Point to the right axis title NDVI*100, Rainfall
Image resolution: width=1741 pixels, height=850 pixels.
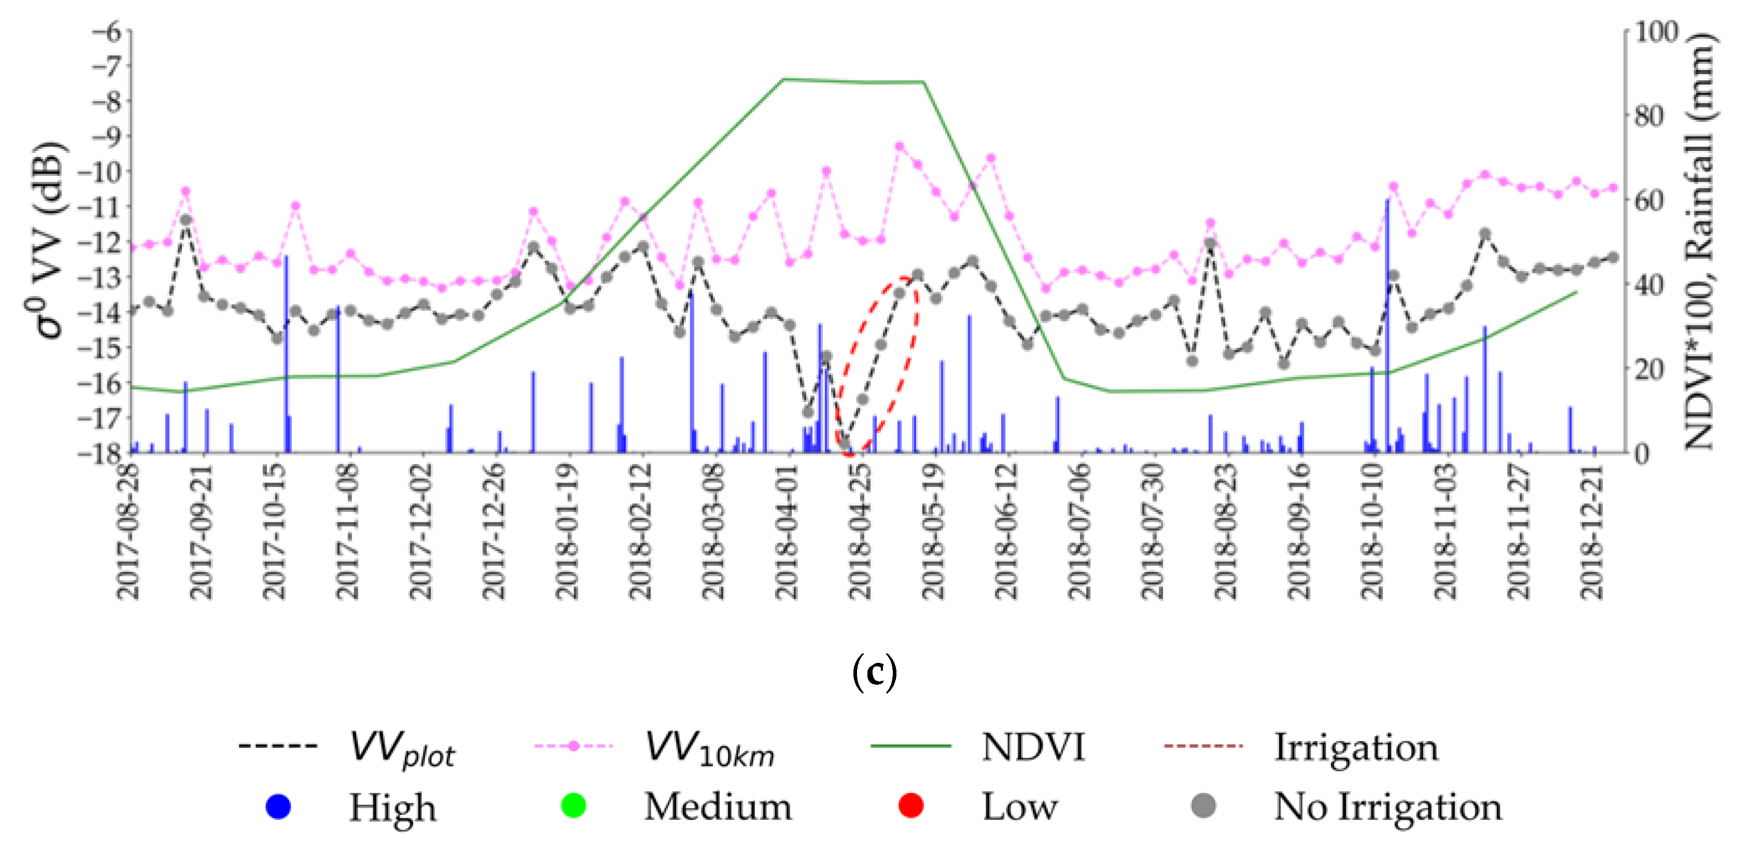pyautogui.click(x=1699, y=240)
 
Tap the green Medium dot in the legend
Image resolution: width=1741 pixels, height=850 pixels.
pyautogui.click(x=573, y=806)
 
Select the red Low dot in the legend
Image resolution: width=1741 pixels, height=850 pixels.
pyautogui.click(x=910, y=806)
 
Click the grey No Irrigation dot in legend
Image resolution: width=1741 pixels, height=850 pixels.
pyautogui.click(x=1203, y=806)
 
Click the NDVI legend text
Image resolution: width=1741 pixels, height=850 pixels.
pyautogui.click(x=1033, y=747)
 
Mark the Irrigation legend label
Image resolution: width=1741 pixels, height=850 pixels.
pyautogui.click(x=1356, y=747)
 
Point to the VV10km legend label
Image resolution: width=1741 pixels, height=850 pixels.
pyautogui.click(x=710, y=748)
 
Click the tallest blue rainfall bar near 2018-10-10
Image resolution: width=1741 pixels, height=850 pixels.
pyautogui.click(x=1387, y=324)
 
